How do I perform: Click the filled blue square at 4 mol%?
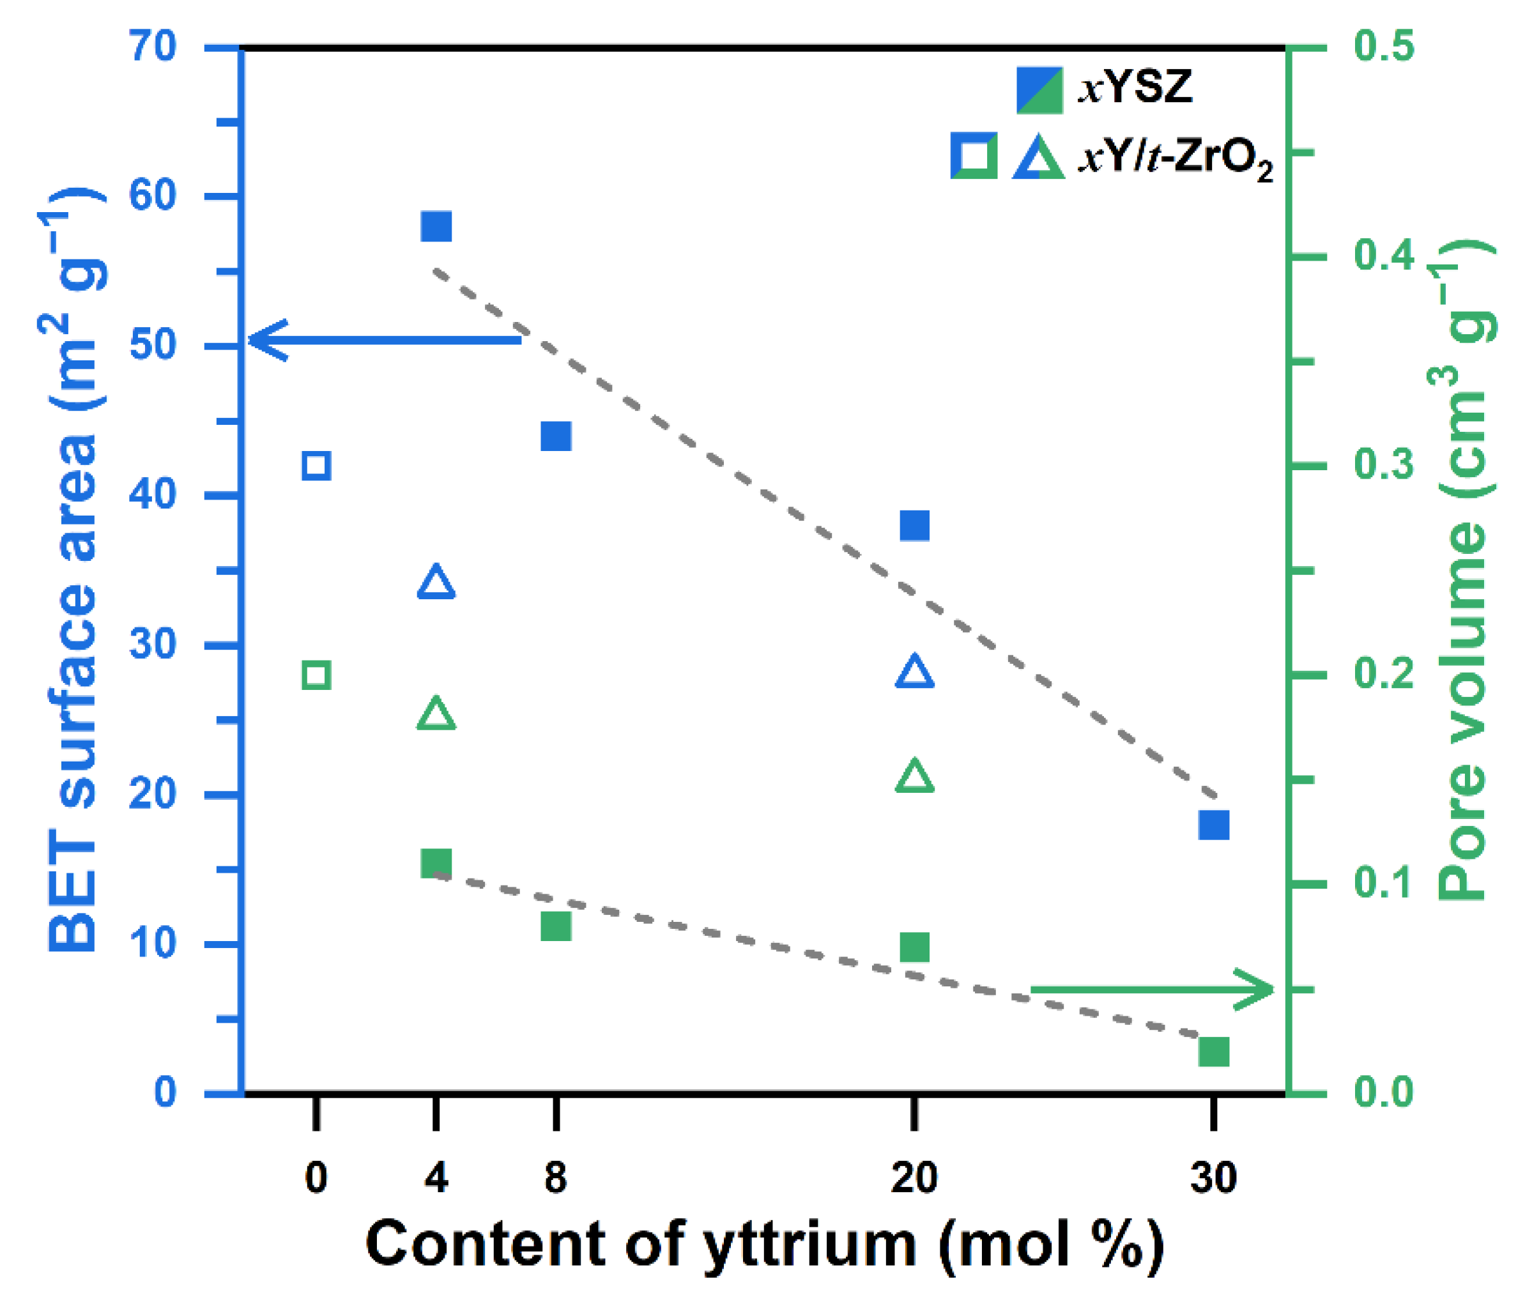[436, 227]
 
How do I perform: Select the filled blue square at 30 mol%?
[1214, 825]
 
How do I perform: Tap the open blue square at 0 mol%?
[316, 466]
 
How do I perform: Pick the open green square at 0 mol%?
[316, 675]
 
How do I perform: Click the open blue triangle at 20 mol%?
[914, 671]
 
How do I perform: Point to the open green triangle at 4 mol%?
[436, 713]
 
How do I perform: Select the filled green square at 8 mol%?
[556, 926]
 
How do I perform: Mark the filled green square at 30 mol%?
[1214, 1052]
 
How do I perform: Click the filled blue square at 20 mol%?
[914, 526]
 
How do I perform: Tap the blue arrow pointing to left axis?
[383, 340]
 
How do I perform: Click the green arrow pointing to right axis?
[1152, 989]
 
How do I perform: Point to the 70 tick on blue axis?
[153, 47]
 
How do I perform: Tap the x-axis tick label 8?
[556, 1177]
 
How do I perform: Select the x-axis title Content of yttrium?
[764, 1244]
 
